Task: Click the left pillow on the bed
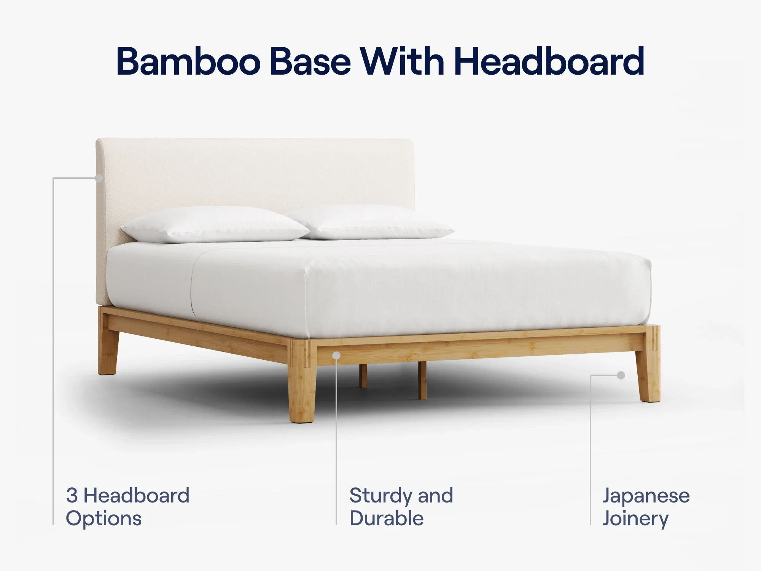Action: click(215, 225)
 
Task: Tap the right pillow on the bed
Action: click(371, 223)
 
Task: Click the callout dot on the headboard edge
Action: click(99, 178)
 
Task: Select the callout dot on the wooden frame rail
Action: click(336, 356)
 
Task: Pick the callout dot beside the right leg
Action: click(621, 375)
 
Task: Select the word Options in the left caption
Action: click(103, 519)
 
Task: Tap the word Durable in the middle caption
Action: click(387, 518)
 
